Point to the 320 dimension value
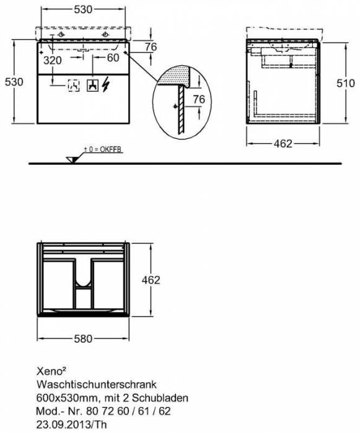pos(53,60)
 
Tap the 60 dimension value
pos(112,59)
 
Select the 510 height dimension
pos(336,82)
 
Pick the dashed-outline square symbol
pos(72,85)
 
